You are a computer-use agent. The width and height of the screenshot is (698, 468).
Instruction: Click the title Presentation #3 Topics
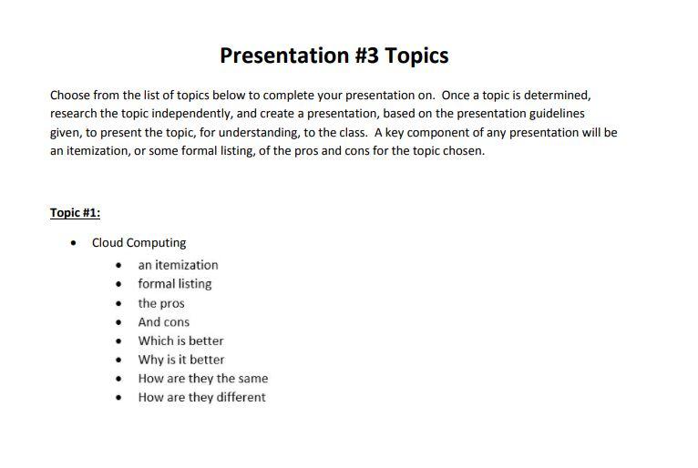[x=334, y=56]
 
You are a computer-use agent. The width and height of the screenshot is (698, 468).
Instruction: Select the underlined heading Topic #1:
[x=75, y=213]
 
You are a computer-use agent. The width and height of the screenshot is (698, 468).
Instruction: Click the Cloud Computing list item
[x=139, y=243]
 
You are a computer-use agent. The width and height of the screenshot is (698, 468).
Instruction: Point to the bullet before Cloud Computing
[x=74, y=243]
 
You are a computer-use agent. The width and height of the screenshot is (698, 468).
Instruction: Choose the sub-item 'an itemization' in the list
[x=178, y=265]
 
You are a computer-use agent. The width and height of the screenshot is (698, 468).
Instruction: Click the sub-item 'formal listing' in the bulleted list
[x=174, y=284]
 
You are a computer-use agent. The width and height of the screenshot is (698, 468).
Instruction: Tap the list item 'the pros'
[x=161, y=303]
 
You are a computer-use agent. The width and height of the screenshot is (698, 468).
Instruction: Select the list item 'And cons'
[x=164, y=322]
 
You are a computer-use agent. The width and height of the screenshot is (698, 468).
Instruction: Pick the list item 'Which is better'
[x=180, y=341]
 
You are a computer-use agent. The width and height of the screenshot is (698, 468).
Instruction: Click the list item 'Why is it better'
[x=180, y=360]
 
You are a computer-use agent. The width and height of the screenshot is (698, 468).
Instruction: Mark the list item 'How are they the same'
[x=202, y=379]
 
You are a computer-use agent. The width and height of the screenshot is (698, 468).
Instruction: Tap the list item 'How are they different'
[x=201, y=398]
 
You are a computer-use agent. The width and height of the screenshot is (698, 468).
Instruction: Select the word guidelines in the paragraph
[x=554, y=114]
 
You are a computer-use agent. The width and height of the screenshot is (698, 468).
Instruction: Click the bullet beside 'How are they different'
[x=118, y=398]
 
